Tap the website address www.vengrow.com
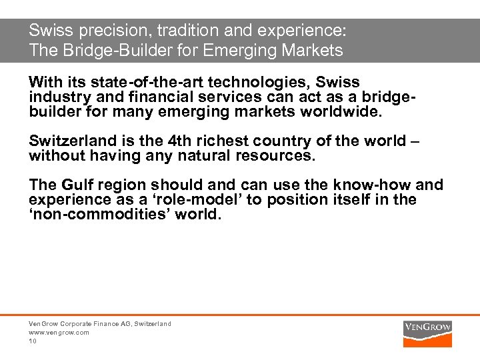[x=59, y=332]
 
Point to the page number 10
[x=33, y=341]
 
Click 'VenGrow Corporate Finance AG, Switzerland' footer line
[x=99, y=323]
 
